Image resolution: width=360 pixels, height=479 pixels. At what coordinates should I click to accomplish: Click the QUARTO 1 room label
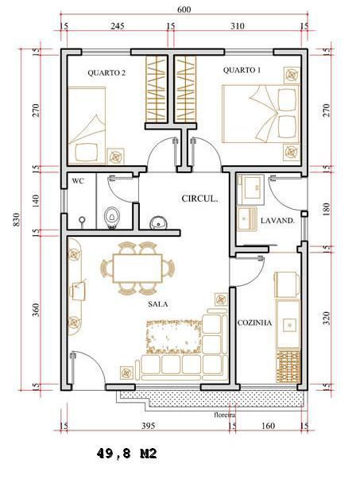coord(242,70)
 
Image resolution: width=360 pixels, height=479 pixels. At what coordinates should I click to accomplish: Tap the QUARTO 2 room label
coord(106,73)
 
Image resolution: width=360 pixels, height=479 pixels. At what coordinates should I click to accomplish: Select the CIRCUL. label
coord(199,199)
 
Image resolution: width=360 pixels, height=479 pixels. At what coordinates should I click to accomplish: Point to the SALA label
coord(158,304)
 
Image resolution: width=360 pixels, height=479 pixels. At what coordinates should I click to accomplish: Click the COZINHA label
coord(254,323)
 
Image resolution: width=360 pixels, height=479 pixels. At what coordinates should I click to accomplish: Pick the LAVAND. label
coord(277,220)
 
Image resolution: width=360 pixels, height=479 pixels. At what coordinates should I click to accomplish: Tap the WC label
coord(78,181)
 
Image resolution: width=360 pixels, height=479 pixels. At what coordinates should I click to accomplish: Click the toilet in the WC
coord(111,218)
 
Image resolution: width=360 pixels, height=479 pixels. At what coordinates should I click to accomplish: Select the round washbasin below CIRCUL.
coord(158,223)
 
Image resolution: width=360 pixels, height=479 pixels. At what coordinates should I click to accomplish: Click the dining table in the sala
coord(137,268)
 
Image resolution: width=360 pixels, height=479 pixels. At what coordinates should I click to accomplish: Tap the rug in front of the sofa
coord(174,337)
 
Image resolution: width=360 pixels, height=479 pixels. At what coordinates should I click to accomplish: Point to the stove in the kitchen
coord(288,366)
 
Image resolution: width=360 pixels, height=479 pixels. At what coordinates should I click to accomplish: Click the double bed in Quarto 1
coord(261,114)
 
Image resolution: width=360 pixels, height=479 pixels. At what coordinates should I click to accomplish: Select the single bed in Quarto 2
coord(87,126)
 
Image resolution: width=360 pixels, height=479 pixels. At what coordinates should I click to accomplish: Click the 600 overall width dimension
coord(184,10)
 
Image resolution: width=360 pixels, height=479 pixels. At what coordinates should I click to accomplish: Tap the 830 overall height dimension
coord(17,219)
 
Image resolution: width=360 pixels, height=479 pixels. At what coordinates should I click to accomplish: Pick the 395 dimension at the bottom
coord(148,426)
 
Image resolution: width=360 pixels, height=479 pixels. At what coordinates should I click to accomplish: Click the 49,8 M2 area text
coord(127,454)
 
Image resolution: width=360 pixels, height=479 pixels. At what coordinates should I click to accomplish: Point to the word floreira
coord(225,415)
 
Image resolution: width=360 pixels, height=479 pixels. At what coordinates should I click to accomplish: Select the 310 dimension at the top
coord(238,26)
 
